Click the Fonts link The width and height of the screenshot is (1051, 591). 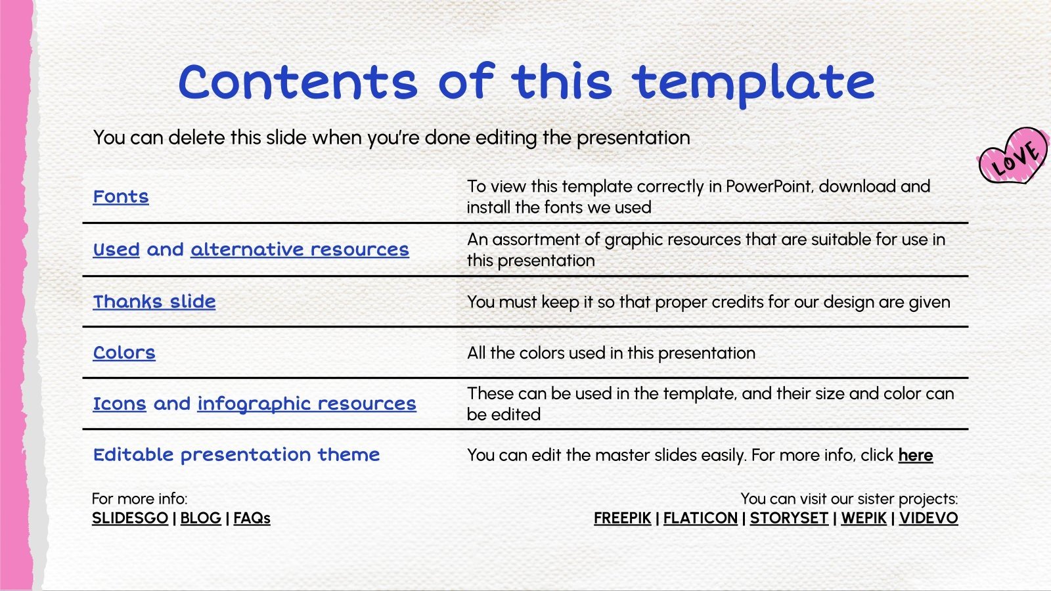[x=121, y=196]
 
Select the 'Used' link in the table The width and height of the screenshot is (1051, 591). [x=116, y=250]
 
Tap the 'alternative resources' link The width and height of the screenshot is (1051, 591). [x=300, y=250]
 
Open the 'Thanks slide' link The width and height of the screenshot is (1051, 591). [x=154, y=301]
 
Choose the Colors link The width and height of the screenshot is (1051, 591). [x=124, y=353]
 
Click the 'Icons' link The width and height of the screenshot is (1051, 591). [x=119, y=403]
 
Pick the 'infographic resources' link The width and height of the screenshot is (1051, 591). [x=307, y=403]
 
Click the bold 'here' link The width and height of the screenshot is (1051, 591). [x=916, y=455]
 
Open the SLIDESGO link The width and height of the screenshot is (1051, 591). [x=130, y=518]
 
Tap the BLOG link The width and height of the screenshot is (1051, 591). [x=200, y=518]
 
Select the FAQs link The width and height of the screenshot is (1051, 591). [x=252, y=518]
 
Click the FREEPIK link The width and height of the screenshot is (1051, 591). [x=622, y=518]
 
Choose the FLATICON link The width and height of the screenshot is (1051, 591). [x=700, y=518]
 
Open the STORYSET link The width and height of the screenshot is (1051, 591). [x=789, y=518]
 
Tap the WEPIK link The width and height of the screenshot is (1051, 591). [x=864, y=518]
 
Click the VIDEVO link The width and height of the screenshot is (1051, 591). [x=928, y=518]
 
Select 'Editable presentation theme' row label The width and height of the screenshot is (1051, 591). [x=236, y=454]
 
